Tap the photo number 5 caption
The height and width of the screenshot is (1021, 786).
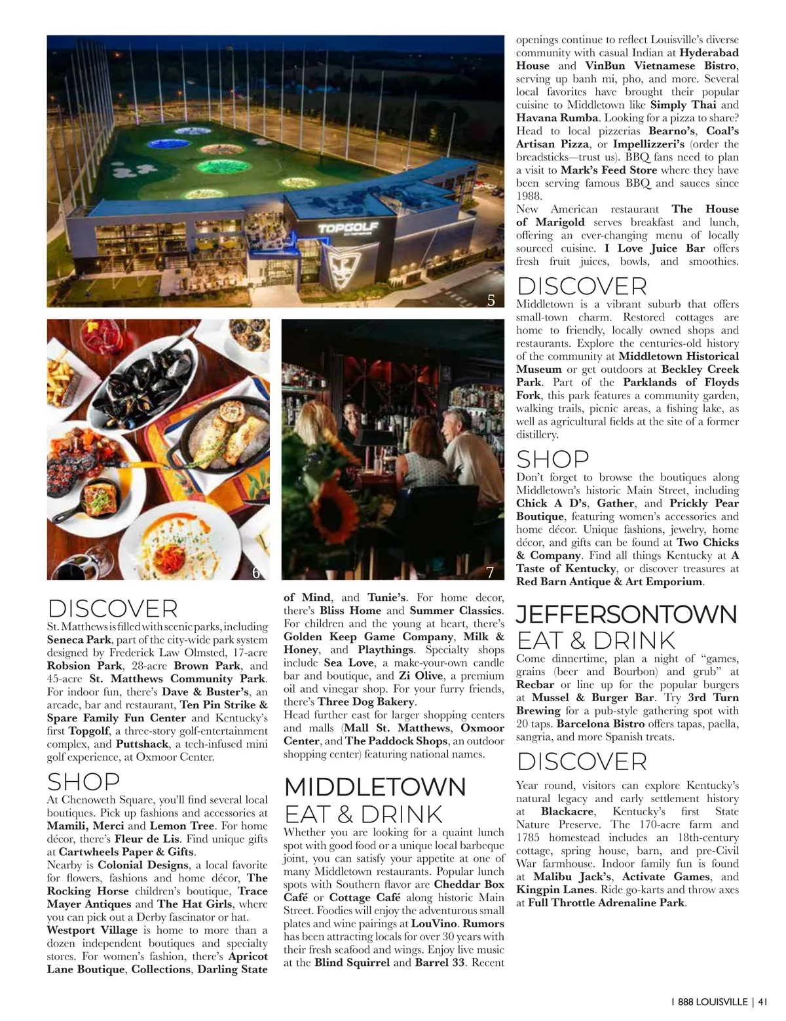click(x=491, y=300)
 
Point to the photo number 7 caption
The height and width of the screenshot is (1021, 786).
click(x=490, y=573)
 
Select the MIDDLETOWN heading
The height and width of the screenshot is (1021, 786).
click(x=375, y=787)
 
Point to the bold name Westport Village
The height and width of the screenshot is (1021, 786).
click(x=92, y=930)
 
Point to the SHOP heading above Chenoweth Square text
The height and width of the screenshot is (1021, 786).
click(x=84, y=782)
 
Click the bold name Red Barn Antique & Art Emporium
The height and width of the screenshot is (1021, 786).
click(x=609, y=581)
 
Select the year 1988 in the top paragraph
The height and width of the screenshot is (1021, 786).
click(x=529, y=196)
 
